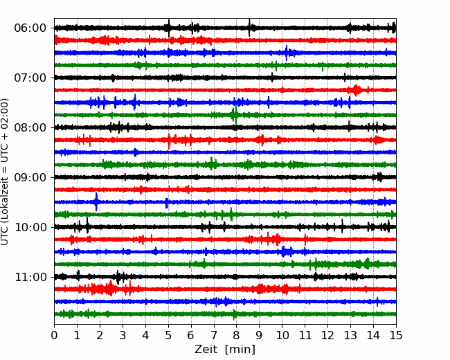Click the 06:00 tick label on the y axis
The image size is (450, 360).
[x=30, y=28]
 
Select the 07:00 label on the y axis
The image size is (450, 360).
[x=30, y=78]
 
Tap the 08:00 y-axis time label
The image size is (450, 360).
[x=30, y=127]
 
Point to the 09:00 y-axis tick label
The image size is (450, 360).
[x=30, y=177]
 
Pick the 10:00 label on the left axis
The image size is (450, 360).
[x=30, y=227]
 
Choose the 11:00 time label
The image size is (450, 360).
[x=30, y=277]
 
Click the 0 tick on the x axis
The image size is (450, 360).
[x=54, y=335]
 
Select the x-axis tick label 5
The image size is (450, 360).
[x=168, y=335]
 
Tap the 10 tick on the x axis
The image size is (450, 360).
[x=282, y=335]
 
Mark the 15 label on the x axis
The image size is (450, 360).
[x=396, y=335]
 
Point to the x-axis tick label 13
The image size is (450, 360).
[x=350, y=335]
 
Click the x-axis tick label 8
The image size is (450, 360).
[x=237, y=335]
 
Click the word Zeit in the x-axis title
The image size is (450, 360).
[x=206, y=349]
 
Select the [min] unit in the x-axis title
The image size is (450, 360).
[x=240, y=350]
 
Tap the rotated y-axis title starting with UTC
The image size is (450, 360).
[x=4, y=172]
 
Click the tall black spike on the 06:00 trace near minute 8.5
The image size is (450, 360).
[x=249, y=28]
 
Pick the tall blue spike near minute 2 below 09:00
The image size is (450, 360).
[x=96, y=202]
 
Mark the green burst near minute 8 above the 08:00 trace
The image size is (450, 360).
[x=235, y=115]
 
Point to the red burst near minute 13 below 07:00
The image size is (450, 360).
[x=357, y=90]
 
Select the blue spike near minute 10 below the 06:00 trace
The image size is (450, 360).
[x=287, y=53]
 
